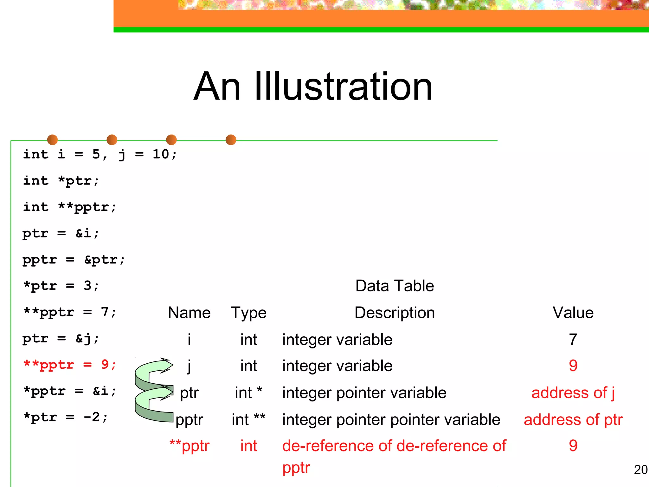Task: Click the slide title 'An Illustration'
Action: [313, 87]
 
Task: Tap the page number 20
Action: [640, 470]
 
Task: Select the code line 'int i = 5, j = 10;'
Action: [100, 155]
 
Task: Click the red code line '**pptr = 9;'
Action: [70, 365]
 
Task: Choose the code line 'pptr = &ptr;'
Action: [74, 260]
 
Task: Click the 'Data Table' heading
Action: [395, 286]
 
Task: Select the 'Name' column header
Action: [189, 313]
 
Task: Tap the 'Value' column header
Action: [573, 313]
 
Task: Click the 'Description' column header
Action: [395, 313]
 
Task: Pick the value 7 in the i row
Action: [573, 340]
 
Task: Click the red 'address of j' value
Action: [573, 393]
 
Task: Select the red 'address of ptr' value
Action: [573, 420]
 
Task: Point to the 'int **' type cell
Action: [248, 420]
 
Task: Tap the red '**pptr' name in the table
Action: [189, 446]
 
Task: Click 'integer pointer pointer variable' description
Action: [391, 420]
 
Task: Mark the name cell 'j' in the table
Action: [189, 367]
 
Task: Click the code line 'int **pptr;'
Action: [70, 207]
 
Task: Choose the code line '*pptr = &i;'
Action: [70, 391]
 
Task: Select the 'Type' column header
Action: [248, 313]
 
